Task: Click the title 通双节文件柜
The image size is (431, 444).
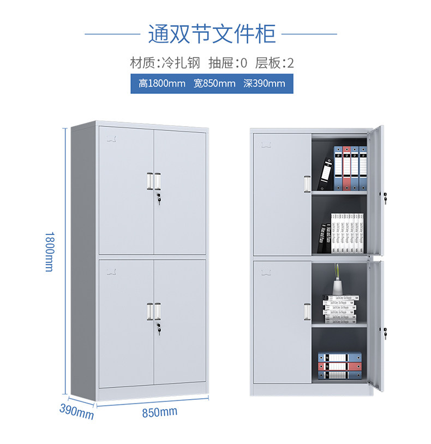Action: pyautogui.click(x=212, y=33)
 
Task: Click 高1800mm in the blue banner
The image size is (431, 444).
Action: pyautogui.click(x=161, y=84)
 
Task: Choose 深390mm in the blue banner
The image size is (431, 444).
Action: pyautogui.click(x=265, y=84)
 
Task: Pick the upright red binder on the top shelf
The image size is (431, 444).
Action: pyautogui.click(x=346, y=168)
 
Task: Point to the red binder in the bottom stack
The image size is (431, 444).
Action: pyautogui.click(x=340, y=366)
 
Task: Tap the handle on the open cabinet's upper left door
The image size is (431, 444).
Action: pyautogui.click(x=307, y=183)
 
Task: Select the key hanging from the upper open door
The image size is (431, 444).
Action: pyautogui.click(x=385, y=199)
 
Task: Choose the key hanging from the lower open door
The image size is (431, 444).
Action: pyautogui.click(x=385, y=333)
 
